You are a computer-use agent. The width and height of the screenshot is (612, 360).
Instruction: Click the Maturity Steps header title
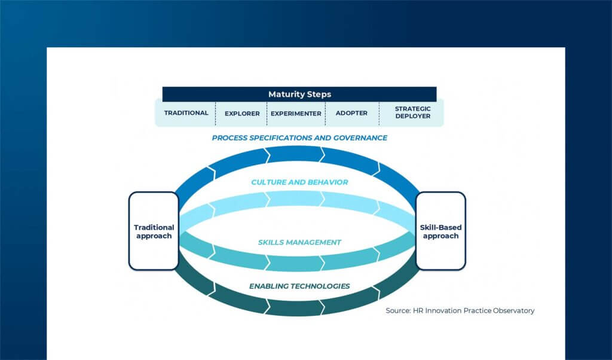point(299,94)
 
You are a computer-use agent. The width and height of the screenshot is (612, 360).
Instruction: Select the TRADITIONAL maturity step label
point(186,113)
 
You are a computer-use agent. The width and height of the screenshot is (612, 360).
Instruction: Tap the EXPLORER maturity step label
point(242,113)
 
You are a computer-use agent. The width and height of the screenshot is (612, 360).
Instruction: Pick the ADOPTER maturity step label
point(351,113)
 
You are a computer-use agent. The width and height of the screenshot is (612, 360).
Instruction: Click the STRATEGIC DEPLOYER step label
point(412,112)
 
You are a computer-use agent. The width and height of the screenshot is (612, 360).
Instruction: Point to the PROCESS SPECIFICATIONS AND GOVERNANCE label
point(299,138)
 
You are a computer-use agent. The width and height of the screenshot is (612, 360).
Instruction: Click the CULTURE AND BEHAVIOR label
point(299,182)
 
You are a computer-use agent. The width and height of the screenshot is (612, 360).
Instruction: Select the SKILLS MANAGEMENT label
point(299,242)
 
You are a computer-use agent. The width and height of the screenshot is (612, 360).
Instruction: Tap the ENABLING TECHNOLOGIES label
point(299,286)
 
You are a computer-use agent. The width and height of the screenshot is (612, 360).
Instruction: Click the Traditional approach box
point(154,231)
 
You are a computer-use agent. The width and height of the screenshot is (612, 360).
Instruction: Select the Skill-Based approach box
point(440,231)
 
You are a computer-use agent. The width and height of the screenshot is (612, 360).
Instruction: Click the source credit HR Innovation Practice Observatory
point(460,310)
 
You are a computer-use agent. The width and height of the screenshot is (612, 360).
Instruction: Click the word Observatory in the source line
point(514,310)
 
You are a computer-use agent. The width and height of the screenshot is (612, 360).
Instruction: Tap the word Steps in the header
point(317,94)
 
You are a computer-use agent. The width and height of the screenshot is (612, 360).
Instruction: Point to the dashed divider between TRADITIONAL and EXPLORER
point(216,114)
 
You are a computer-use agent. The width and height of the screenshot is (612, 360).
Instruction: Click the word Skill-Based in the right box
point(440,227)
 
